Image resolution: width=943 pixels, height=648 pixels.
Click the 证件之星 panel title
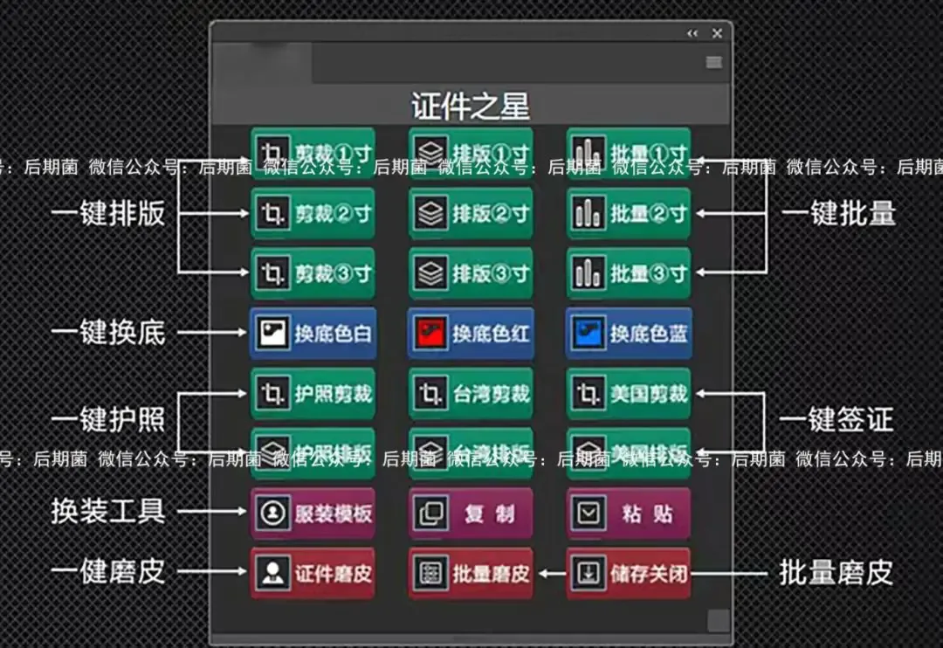471,107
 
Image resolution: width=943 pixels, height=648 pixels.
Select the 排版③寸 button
471,273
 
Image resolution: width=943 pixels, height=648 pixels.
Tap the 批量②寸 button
629,214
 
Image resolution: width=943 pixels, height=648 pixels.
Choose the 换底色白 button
313,333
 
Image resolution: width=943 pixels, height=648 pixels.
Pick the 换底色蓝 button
629,333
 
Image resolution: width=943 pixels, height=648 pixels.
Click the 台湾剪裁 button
471,393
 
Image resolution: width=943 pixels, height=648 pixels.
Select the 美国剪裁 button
629,393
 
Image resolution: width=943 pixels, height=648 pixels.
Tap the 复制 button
471,514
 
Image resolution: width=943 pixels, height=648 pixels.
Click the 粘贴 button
629,514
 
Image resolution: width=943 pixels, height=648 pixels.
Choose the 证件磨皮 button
313,573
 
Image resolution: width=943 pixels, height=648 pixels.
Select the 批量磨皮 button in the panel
471,573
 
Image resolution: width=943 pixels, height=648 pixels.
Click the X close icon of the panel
717,33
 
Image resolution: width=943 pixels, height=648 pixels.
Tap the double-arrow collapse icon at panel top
692,33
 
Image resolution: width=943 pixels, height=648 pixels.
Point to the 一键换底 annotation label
108,333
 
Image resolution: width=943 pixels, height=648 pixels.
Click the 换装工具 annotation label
108,511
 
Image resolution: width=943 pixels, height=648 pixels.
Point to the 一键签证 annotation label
836,420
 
